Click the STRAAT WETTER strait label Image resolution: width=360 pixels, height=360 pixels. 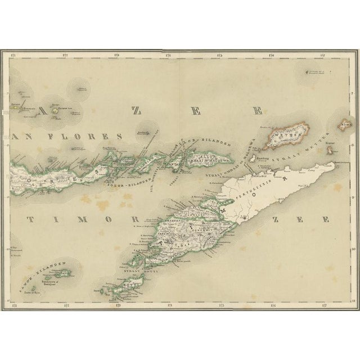(x=299, y=158)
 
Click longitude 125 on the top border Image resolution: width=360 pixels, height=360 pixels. (x=220, y=54)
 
